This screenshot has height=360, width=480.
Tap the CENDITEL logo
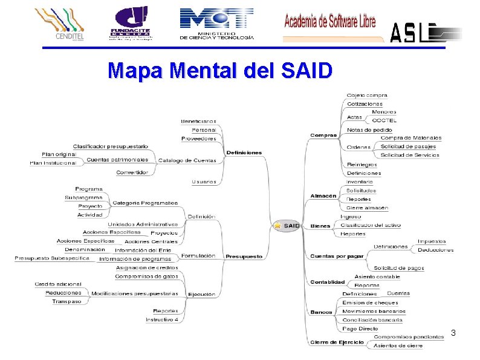tap(59, 24)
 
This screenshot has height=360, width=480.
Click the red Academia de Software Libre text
tap(330, 22)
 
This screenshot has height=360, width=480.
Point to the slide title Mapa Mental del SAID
tap(220, 71)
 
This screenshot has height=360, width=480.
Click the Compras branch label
tap(323, 135)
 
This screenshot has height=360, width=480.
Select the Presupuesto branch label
tap(244, 257)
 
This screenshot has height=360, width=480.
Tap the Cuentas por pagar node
tap(337, 256)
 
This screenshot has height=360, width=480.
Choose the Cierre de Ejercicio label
tap(337, 342)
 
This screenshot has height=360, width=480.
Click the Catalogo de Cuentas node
tap(187, 160)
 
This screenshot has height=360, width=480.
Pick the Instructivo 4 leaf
tap(162, 319)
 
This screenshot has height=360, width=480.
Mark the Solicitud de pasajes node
tap(408, 146)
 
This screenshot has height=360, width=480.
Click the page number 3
tap(453, 333)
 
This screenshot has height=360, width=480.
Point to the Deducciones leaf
tap(435, 249)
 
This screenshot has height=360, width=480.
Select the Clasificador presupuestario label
tap(111, 146)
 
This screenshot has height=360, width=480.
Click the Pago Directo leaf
tap(360, 329)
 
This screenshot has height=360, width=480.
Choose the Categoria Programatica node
tap(145, 203)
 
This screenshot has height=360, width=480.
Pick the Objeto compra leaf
tap(367, 95)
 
